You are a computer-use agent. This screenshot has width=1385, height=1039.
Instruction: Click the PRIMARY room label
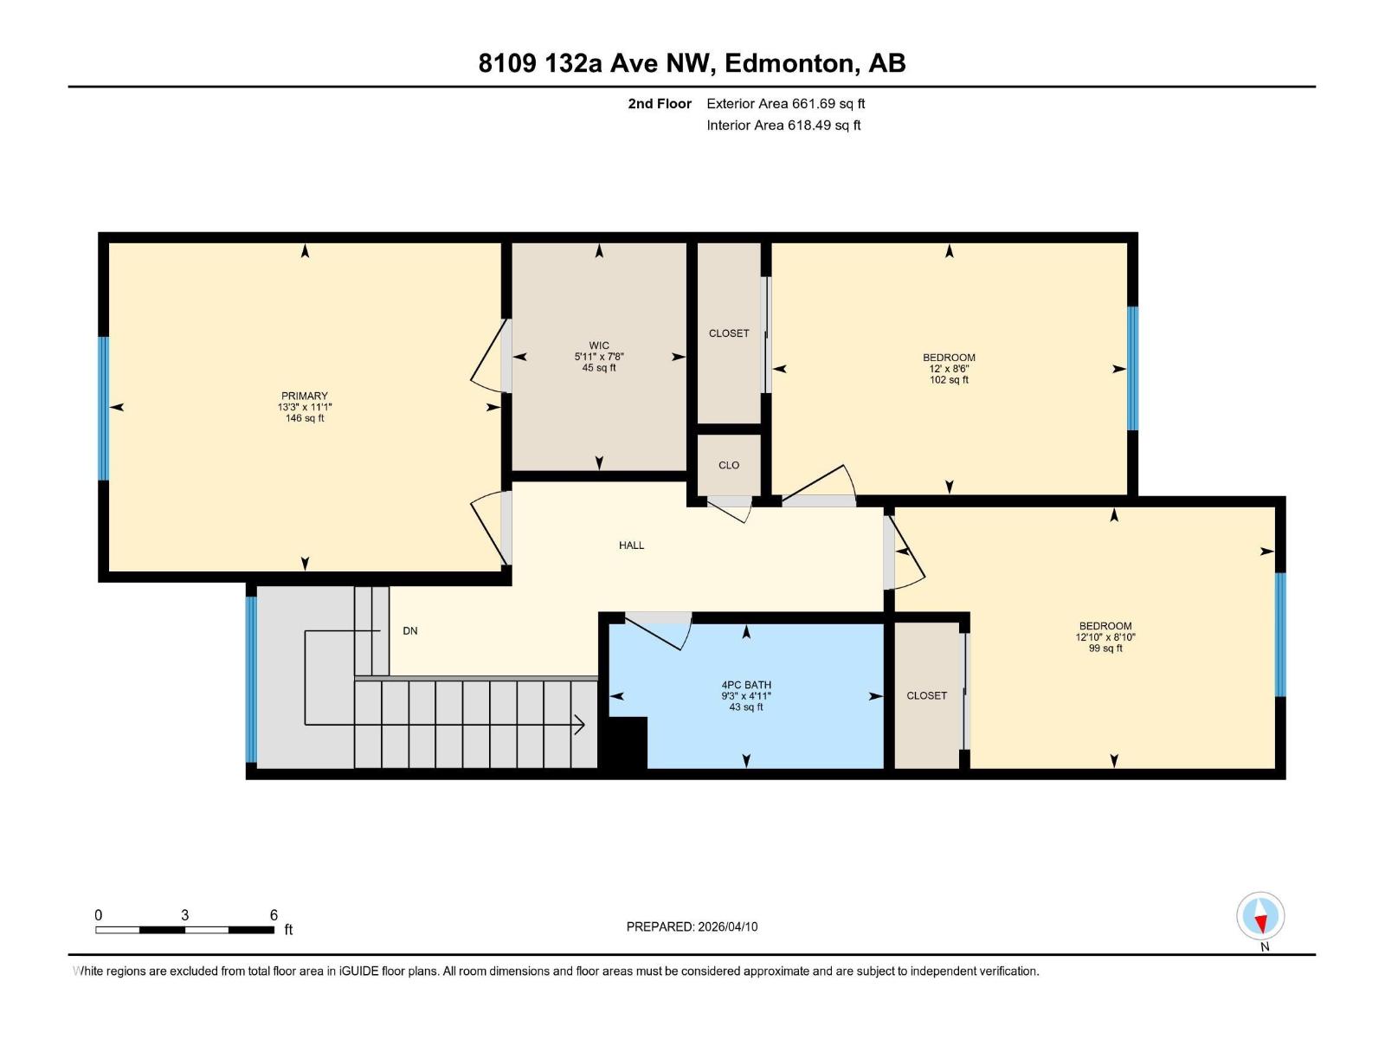click(304, 396)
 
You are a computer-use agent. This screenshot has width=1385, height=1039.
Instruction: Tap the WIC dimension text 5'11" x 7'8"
click(599, 357)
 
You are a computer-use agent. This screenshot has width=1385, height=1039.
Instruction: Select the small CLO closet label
click(729, 465)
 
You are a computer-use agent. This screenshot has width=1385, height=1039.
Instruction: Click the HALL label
click(631, 545)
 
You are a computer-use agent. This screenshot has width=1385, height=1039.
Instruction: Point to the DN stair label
click(410, 631)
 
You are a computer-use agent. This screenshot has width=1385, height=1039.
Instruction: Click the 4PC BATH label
click(746, 685)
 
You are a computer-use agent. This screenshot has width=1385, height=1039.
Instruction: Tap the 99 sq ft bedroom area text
click(1105, 649)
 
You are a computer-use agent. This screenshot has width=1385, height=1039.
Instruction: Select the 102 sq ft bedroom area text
click(949, 380)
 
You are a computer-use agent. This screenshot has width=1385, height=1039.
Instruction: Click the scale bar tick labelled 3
click(184, 915)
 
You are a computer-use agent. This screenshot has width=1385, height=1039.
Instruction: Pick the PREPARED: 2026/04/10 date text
click(692, 926)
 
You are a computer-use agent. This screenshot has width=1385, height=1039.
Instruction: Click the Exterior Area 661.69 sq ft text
click(785, 104)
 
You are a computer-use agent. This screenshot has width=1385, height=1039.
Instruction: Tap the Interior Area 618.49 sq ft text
click(783, 126)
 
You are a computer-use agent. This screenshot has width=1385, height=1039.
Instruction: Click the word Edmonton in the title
click(789, 63)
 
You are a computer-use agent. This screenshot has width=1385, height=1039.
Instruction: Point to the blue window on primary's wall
click(104, 408)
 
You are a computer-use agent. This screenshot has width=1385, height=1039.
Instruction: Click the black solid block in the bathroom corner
click(625, 743)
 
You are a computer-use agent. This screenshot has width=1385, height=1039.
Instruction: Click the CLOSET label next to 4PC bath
click(926, 695)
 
